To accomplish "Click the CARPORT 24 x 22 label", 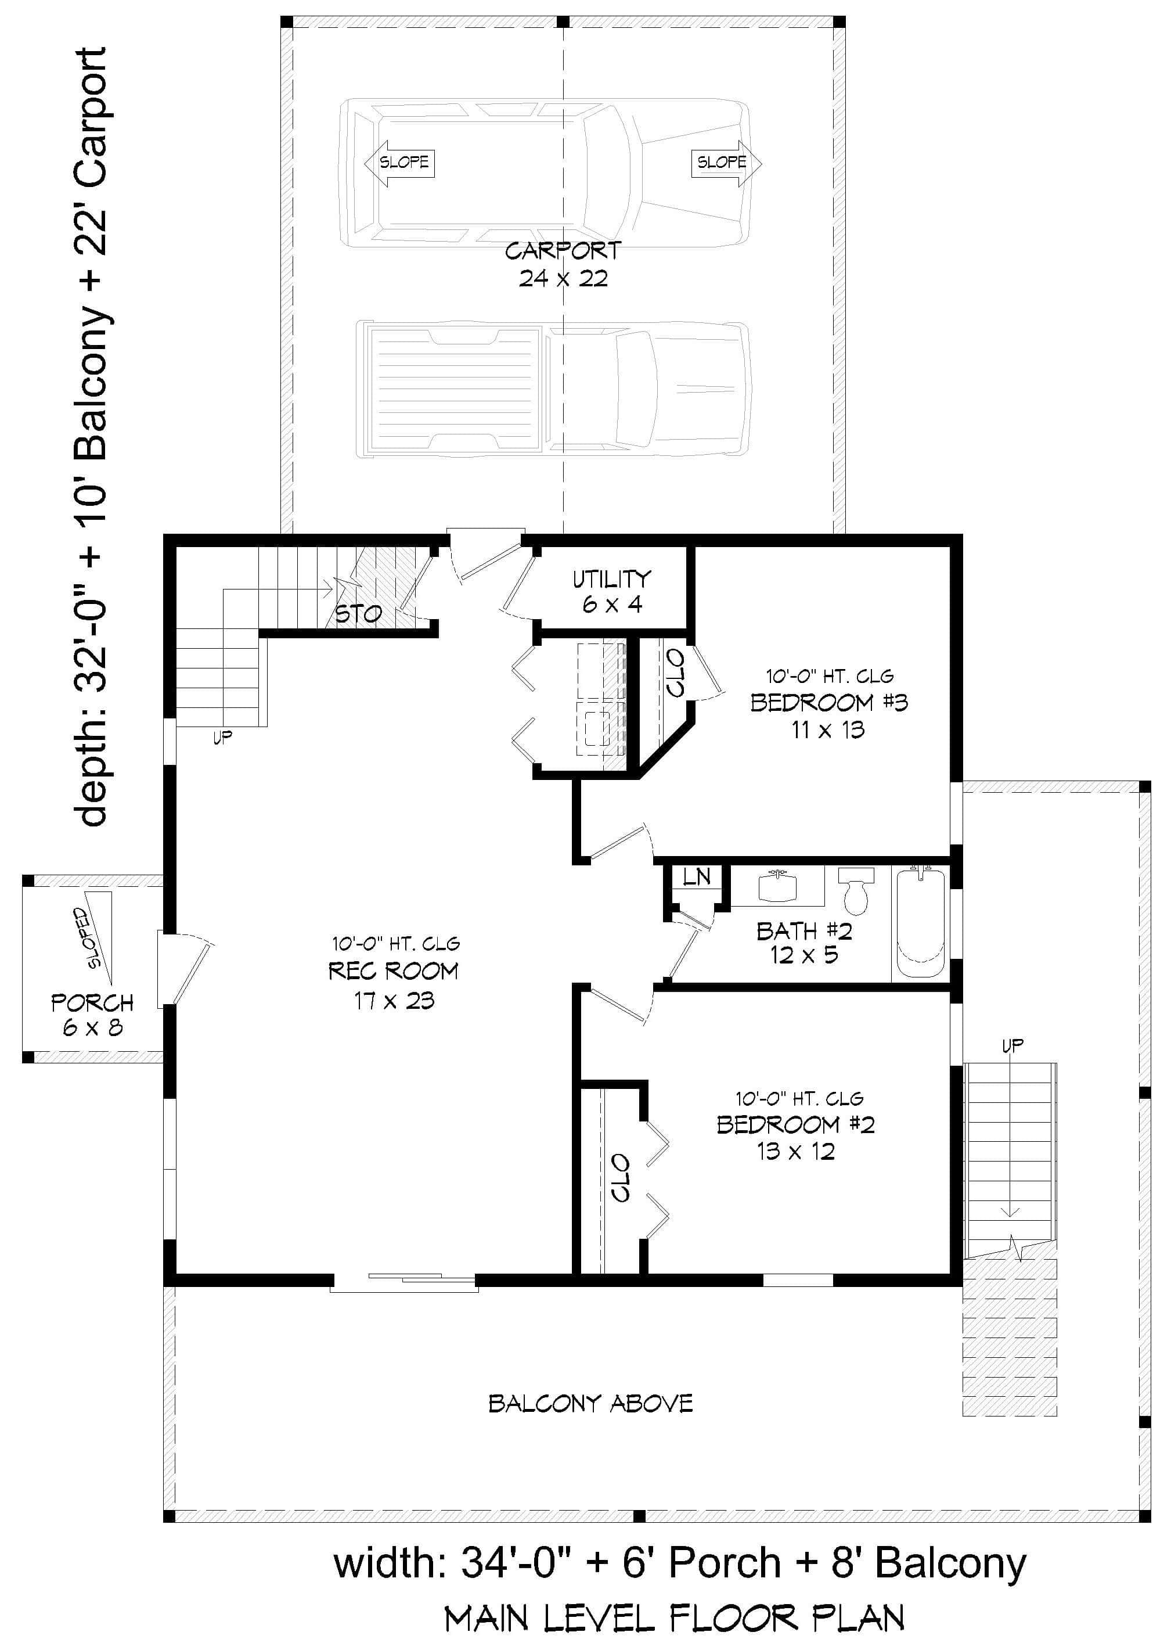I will [x=563, y=265].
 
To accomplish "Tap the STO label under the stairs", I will [x=358, y=614].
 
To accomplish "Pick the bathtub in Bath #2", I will [x=920, y=925].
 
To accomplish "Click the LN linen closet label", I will [x=697, y=877].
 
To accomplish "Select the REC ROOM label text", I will [x=393, y=972].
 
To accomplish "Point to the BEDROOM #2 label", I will [x=795, y=1124].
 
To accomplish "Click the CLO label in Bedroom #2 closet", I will [x=620, y=1177].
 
